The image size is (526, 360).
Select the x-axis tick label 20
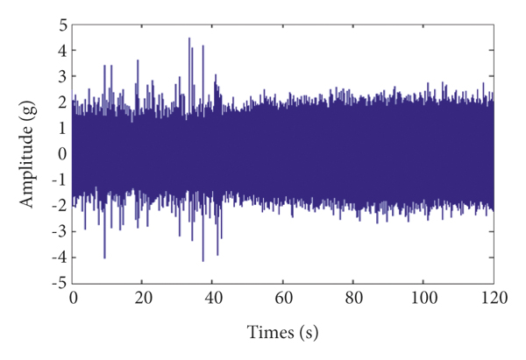point(143,297)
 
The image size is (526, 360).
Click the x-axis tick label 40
point(213,297)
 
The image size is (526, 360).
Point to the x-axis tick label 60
point(283,297)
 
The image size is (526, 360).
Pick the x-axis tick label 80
point(353,297)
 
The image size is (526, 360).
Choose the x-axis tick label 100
point(423,297)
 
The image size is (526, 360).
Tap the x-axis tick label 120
point(493,297)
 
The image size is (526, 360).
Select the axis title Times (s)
point(282,334)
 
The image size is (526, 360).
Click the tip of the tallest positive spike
point(189,38)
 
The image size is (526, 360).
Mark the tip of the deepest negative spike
point(203,261)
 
